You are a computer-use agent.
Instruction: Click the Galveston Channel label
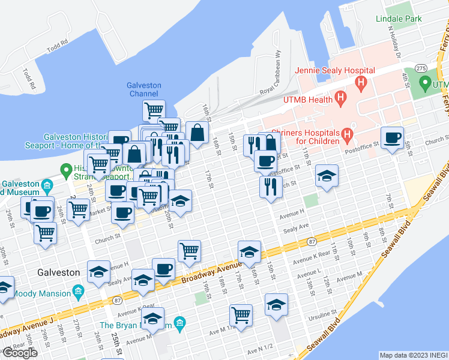click(144, 89)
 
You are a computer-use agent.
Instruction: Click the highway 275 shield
click(423, 68)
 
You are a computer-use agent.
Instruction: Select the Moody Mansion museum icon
click(77, 292)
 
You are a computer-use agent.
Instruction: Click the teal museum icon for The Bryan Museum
click(180, 325)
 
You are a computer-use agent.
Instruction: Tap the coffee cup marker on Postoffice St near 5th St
click(393, 138)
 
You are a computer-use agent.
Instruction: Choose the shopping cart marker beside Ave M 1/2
click(241, 314)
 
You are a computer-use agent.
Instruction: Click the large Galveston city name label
click(58, 272)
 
